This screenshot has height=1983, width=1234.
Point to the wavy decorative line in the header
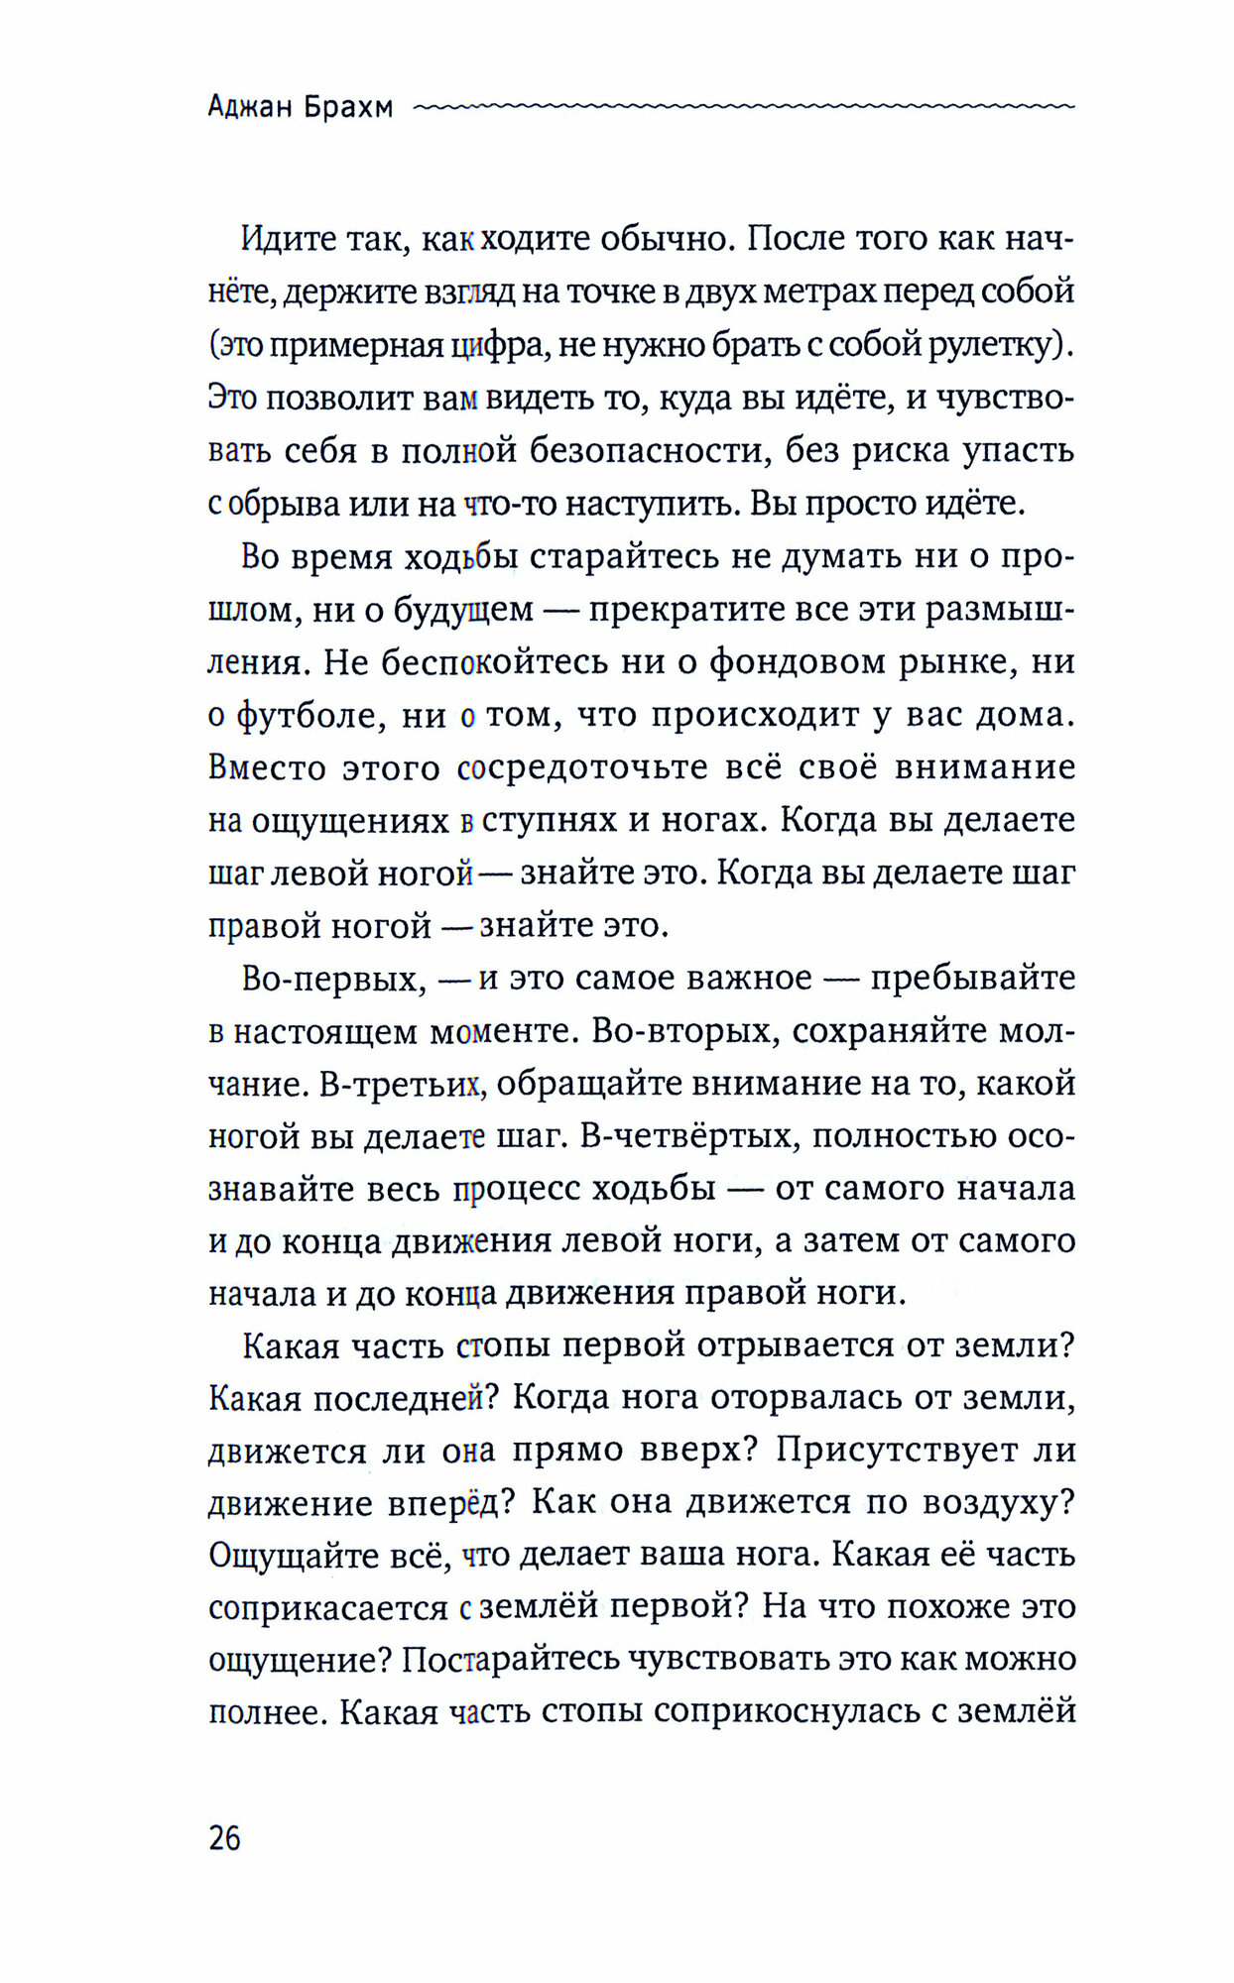click(x=744, y=104)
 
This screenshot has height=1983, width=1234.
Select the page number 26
click(x=224, y=1838)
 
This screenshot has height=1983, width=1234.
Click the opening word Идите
click(x=289, y=239)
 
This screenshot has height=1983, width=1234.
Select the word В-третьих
click(x=402, y=1084)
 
